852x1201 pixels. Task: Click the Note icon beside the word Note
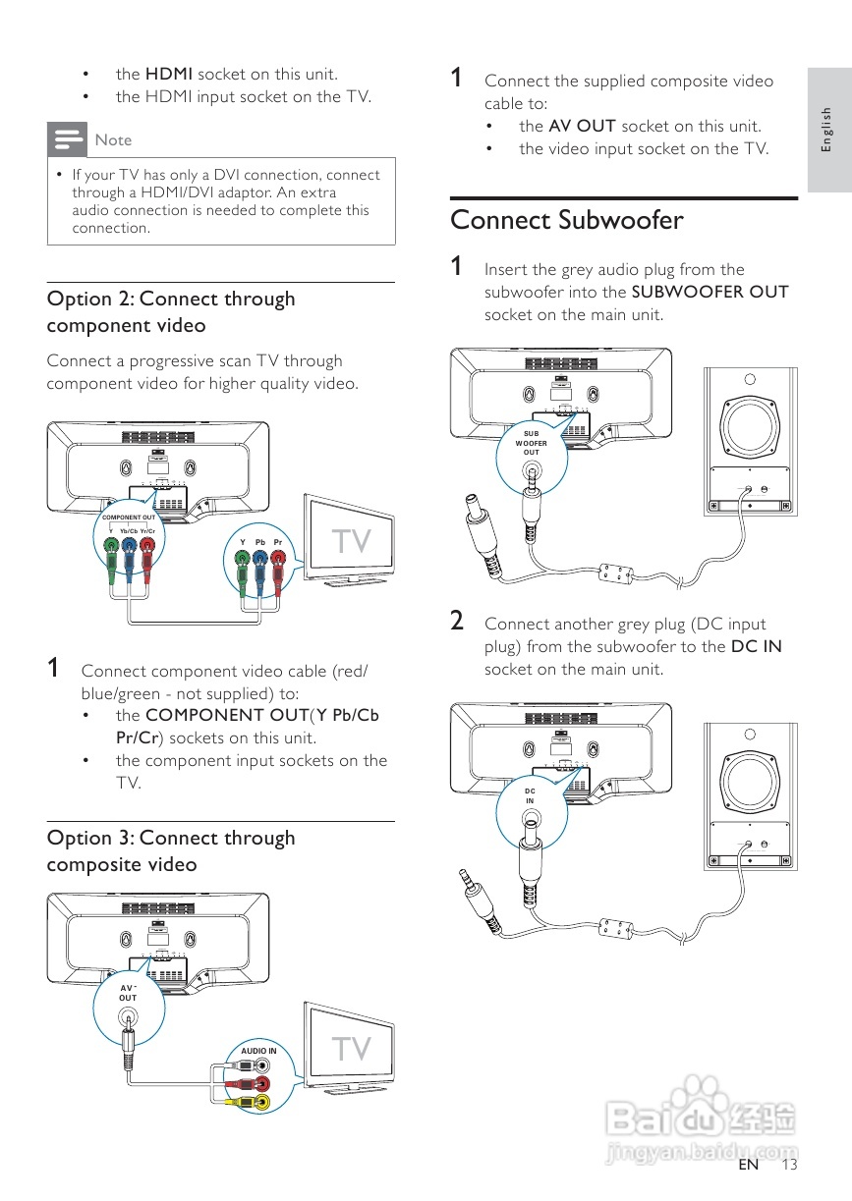point(68,139)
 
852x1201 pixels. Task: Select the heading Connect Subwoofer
point(566,220)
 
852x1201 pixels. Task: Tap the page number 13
point(790,1165)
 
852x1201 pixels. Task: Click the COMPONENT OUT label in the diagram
point(129,517)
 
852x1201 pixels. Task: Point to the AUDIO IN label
point(259,1051)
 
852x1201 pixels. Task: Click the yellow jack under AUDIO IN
point(261,1103)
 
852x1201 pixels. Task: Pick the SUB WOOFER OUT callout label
point(531,442)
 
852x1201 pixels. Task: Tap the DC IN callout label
point(530,795)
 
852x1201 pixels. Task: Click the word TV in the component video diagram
point(351,542)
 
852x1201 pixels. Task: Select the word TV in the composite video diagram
point(351,1050)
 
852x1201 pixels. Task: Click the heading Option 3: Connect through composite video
point(171,850)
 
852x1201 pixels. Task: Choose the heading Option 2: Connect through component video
point(171,311)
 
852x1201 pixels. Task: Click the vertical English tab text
point(827,129)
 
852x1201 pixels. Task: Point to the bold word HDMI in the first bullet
point(169,74)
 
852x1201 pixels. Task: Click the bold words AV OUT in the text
point(582,126)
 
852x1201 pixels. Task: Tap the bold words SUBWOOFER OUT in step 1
point(710,292)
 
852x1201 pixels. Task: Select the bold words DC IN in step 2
point(756,646)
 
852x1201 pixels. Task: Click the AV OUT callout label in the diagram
point(129,993)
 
